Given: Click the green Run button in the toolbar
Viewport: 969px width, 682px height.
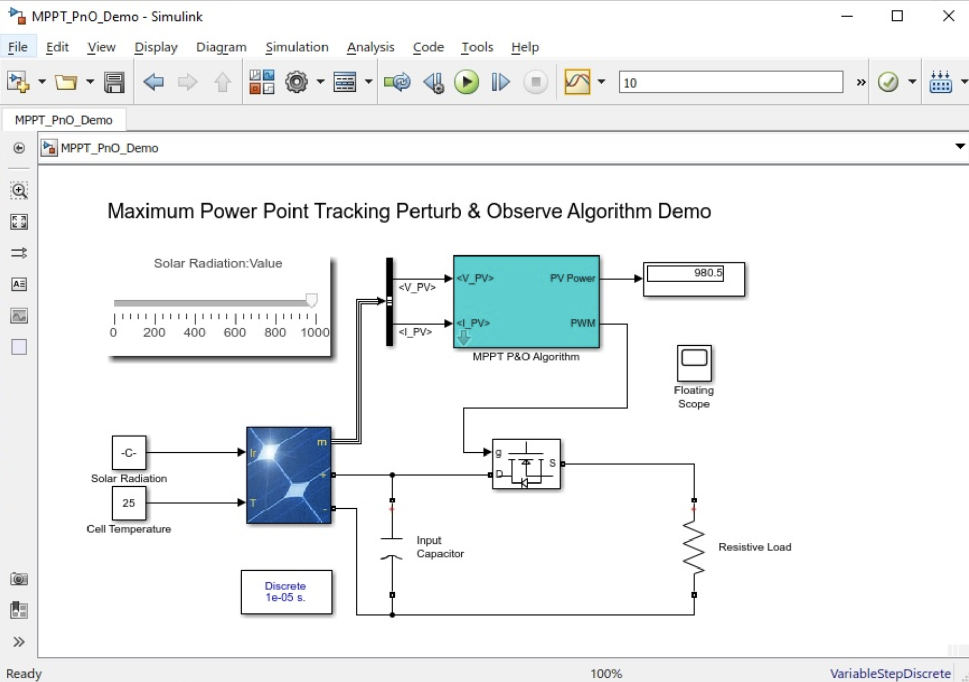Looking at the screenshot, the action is pos(466,82).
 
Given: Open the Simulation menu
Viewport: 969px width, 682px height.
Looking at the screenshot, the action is pos(297,47).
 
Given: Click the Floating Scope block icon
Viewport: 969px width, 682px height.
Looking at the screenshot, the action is pos(694,363).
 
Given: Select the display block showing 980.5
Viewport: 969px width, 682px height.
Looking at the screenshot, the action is pos(694,279).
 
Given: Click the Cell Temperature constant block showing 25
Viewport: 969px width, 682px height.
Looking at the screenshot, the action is pos(129,503).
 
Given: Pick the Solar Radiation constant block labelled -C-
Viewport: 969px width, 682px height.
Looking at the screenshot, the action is pos(129,452).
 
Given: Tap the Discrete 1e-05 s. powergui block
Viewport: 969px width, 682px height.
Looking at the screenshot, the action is pos(286,592).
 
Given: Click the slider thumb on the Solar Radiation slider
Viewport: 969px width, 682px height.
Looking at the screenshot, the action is pos(311,300).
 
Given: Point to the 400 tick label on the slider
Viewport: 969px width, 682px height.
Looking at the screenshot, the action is pos(194,333).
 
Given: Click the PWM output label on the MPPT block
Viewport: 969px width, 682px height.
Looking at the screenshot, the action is pos(582,323).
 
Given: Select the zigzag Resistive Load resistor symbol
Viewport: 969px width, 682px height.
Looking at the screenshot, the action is pos(694,548).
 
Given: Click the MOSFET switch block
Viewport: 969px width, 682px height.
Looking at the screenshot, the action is pos(526,464).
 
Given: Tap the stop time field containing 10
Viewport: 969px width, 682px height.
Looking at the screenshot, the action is pos(730,82).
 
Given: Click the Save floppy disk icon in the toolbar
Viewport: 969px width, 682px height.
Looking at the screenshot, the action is pos(114,82).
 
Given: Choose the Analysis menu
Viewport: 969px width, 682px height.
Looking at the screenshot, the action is pos(370,47).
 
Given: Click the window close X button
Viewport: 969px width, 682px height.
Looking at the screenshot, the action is pos(948,16).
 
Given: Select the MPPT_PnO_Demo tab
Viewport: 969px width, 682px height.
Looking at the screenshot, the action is pos(64,120).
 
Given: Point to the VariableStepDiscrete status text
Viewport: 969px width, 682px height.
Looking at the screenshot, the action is pos(890,673).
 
